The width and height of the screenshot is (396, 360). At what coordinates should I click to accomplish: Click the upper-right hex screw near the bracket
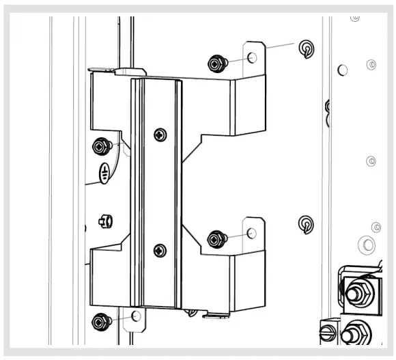216,64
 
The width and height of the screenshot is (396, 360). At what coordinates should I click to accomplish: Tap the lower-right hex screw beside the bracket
216,238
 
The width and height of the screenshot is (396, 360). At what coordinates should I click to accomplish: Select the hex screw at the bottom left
101,320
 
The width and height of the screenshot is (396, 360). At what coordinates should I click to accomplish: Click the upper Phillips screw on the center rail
160,135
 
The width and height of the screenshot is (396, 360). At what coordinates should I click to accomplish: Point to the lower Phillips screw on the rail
160,250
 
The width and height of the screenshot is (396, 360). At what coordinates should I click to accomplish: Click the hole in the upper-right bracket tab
253,58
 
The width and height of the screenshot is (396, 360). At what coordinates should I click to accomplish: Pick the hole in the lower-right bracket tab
252,234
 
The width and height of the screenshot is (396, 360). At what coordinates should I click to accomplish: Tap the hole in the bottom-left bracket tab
136,316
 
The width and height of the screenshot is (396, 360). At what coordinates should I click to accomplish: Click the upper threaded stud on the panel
306,48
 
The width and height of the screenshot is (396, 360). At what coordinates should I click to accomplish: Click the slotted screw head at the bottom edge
326,335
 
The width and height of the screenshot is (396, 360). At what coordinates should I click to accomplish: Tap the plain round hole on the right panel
343,69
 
